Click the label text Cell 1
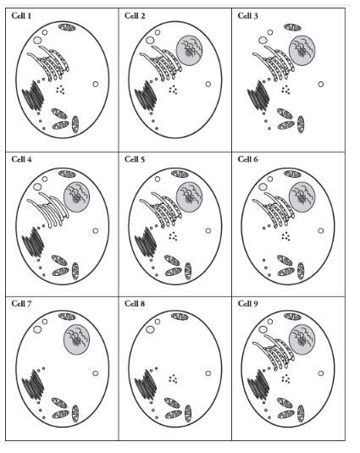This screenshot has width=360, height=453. click(x=21, y=15)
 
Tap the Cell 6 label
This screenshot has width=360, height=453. click(x=247, y=159)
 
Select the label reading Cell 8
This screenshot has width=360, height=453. click(x=135, y=303)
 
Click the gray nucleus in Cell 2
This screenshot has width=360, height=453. click(x=189, y=51)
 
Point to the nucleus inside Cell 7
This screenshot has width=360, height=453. click(x=76, y=340)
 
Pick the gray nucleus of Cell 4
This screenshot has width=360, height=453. click(x=76, y=197)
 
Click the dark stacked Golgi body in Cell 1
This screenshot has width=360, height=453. click(x=33, y=96)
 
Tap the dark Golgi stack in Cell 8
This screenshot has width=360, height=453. click(x=146, y=384)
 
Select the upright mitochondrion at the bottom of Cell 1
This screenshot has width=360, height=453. click(x=75, y=124)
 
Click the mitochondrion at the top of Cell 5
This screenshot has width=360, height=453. click(x=180, y=174)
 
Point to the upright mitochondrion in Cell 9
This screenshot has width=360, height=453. click(x=301, y=413)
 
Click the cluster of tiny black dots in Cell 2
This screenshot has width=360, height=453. click(x=173, y=90)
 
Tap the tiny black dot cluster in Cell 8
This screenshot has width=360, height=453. click(x=173, y=378)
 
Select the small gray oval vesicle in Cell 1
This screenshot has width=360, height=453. click(x=37, y=40)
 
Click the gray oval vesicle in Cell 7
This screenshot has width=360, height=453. click(x=37, y=329)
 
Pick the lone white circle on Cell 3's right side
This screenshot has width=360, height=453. click(x=321, y=85)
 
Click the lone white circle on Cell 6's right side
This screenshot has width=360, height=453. click(x=321, y=231)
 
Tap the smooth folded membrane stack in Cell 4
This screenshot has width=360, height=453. click(x=48, y=209)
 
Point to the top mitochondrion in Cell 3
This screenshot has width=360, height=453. click(x=292, y=27)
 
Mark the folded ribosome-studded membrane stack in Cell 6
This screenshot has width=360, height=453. click(x=274, y=209)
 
